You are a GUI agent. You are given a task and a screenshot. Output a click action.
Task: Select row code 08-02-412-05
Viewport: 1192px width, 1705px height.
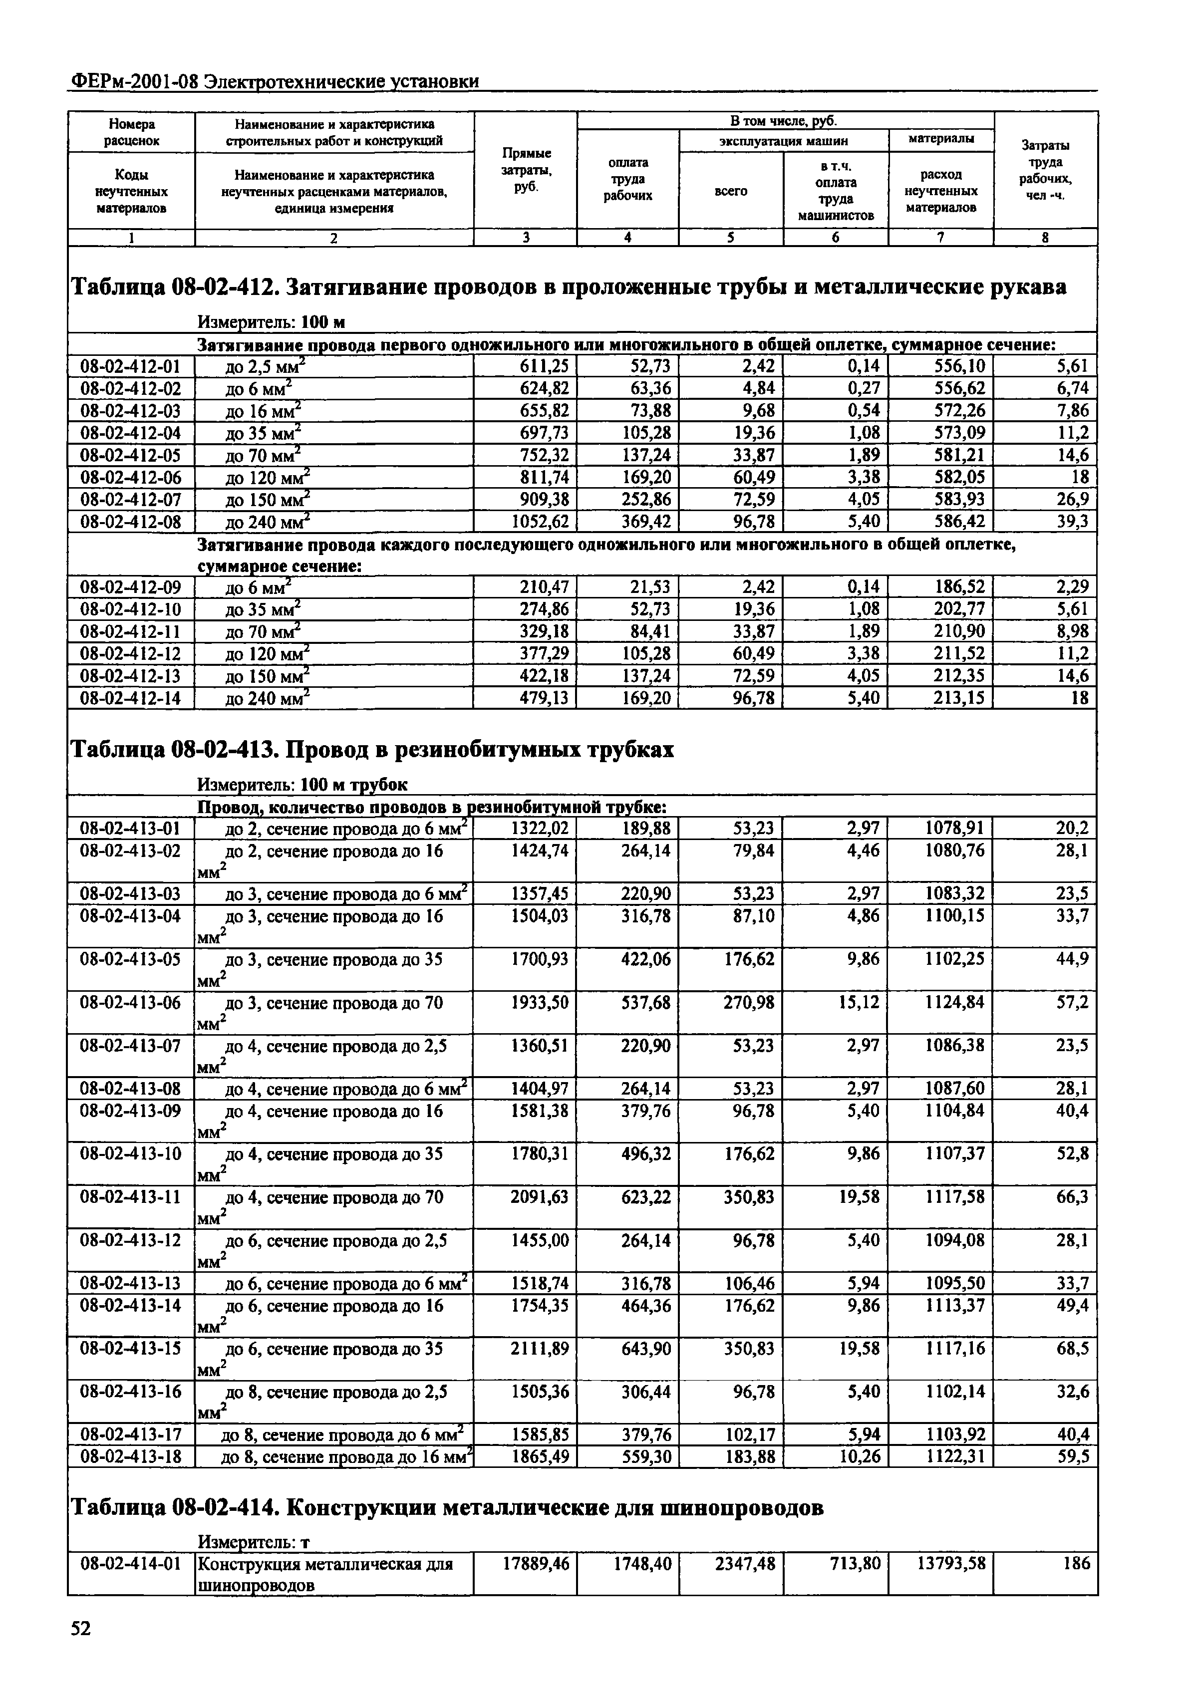(x=131, y=455)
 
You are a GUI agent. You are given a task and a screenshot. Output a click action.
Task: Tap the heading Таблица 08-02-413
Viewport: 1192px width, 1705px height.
(x=177, y=750)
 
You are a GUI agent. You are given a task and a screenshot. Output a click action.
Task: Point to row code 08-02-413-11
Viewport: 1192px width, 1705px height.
(x=131, y=1196)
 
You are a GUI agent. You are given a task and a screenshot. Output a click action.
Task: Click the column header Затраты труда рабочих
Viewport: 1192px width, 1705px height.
(x=1045, y=170)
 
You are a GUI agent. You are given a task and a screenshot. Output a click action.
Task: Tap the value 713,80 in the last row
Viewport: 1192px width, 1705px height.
(x=854, y=1563)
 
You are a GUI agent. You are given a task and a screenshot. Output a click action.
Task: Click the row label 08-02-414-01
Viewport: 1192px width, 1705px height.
(x=131, y=1563)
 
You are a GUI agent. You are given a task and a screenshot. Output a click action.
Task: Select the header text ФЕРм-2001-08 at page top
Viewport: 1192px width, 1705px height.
(x=135, y=81)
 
